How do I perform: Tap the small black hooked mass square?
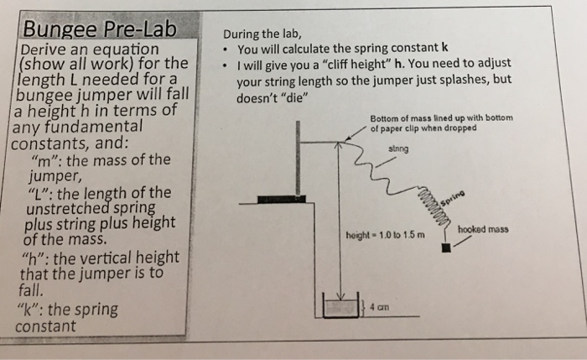pyautogui.click(x=446, y=248)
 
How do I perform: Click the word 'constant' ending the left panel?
pyautogui.click(x=47, y=326)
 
